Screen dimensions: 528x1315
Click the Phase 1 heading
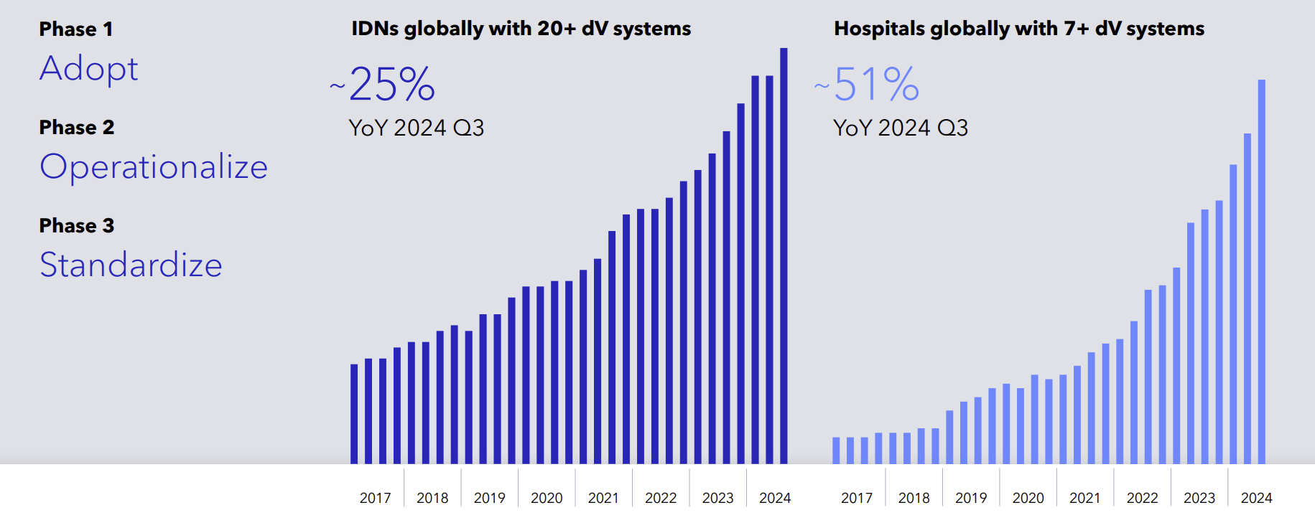(75, 29)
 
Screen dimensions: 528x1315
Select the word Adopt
(88, 70)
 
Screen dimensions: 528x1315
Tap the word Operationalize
(154, 167)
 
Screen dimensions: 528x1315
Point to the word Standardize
(131, 265)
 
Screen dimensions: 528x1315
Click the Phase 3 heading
(76, 226)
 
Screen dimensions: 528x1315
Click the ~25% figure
(384, 85)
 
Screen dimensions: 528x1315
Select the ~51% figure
(868, 85)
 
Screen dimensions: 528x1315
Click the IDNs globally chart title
(521, 29)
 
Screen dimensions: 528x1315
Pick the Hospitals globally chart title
(1018, 29)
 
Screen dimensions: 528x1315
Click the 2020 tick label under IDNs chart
(547, 498)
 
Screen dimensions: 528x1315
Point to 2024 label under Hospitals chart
(1256, 498)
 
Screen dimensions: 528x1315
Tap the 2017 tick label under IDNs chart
(375, 498)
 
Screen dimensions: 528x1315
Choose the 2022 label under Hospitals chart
(1142, 498)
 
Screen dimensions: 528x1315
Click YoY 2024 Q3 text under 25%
(416, 128)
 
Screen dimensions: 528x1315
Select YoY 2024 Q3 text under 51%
(900, 128)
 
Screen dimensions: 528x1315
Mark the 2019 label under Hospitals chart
(971, 498)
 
